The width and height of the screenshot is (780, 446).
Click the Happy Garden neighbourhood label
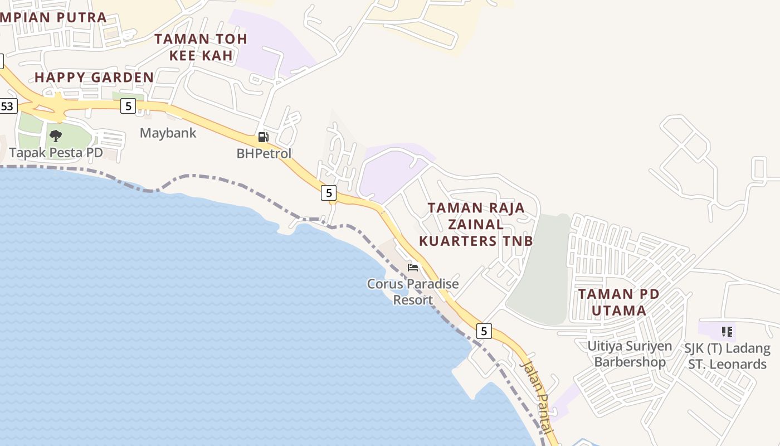point(94,77)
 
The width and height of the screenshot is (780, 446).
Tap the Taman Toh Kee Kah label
point(201,47)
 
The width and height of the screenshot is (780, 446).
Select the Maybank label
point(168,133)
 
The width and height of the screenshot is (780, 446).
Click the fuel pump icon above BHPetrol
point(264,137)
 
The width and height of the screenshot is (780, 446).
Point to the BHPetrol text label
point(264,153)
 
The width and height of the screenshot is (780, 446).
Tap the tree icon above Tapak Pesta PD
point(56,135)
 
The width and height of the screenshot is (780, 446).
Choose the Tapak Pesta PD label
point(56,153)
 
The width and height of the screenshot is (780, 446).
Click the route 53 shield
point(8,106)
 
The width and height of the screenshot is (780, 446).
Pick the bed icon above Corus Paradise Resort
point(413,268)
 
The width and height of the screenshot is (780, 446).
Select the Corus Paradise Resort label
point(413,292)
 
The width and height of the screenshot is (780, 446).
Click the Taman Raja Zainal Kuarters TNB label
point(476,224)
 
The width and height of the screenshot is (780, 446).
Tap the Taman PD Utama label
point(619,302)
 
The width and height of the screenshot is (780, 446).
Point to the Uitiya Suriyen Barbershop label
point(630,354)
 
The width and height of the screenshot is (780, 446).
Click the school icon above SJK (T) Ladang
point(727,332)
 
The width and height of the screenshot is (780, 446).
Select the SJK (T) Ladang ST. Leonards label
point(728,356)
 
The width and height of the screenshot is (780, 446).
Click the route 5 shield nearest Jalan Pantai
point(484,331)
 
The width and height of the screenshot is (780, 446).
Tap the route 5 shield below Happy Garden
point(128,106)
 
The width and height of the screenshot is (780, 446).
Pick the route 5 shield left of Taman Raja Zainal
point(329,193)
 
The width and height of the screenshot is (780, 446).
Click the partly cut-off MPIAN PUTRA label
point(53,17)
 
